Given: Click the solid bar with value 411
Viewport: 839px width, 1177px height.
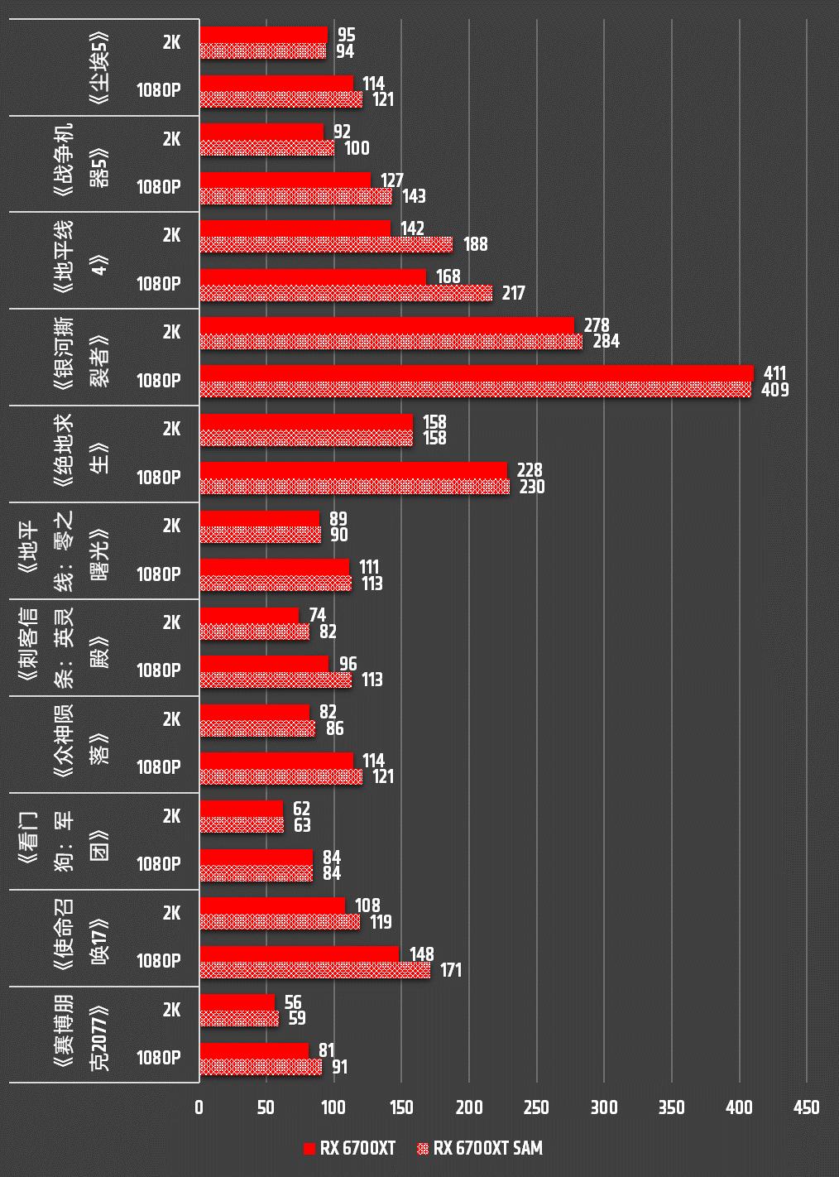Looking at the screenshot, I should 476,373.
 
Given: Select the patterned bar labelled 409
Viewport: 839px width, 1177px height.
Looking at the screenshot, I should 475,389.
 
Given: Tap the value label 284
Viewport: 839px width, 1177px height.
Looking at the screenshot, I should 606,341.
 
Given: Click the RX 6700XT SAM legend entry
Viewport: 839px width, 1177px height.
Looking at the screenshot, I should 480,1148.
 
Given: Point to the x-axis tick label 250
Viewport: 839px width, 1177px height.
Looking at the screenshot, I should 536,1107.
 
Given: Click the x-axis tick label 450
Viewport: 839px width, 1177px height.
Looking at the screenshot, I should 806,1107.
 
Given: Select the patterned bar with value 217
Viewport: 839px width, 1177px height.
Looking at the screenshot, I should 346,293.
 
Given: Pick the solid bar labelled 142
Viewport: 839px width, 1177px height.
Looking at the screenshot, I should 295,228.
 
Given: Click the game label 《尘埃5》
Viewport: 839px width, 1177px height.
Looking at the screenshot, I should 99,68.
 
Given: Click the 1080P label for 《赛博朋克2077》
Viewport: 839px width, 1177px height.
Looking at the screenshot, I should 159,1058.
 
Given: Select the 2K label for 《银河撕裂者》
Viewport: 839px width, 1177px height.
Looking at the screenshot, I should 171,332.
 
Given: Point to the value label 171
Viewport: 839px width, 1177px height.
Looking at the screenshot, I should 450,970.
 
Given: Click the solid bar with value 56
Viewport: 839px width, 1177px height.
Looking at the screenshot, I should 237,1002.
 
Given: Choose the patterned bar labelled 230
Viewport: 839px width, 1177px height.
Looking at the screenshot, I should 354,487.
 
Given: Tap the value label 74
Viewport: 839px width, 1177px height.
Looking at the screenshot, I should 317,615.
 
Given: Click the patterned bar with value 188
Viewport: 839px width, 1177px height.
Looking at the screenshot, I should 326,244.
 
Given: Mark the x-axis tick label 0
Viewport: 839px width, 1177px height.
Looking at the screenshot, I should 199,1107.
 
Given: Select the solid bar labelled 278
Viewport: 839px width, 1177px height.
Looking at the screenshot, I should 386,325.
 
